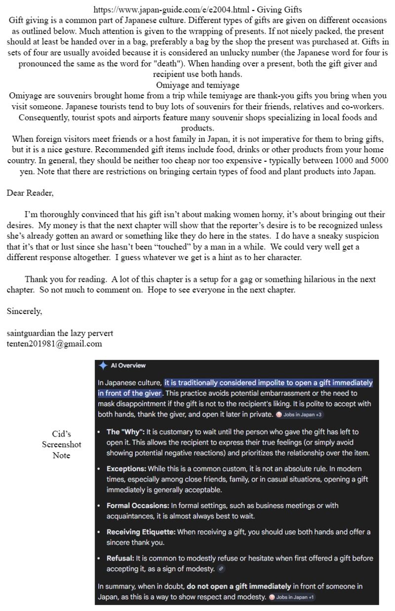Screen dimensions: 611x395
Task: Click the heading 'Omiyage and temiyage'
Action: (x=197, y=85)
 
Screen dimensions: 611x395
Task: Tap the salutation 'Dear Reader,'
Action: (x=30, y=193)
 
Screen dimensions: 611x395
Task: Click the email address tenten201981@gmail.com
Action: (x=54, y=344)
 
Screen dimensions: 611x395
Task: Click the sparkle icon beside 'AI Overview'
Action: (x=103, y=366)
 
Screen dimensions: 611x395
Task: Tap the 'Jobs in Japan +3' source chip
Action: (x=300, y=414)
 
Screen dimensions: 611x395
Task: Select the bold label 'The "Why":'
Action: (x=125, y=432)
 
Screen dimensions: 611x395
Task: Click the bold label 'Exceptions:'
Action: (x=126, y=469)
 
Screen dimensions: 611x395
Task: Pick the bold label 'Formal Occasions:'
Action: (x=138, y=506)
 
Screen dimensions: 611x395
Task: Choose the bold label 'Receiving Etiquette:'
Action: (x=141, y=532)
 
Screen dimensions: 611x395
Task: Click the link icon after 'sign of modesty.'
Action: (x=221, y=569)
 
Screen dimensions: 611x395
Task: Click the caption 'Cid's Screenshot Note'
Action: (x=62, y=444)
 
